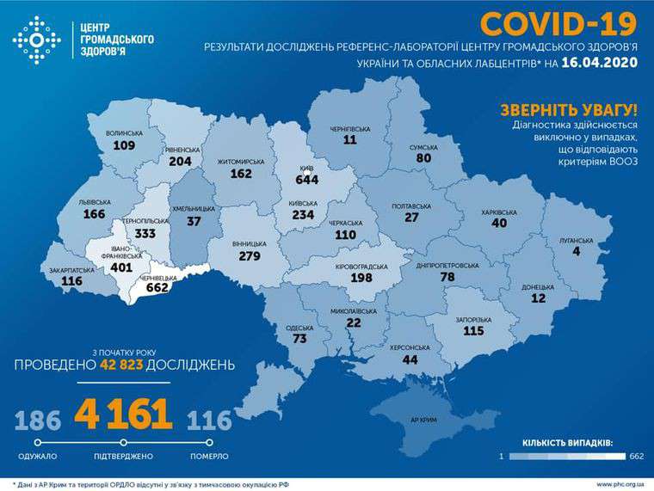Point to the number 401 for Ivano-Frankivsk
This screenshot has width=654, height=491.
pyautogui.click(x=122, y=267)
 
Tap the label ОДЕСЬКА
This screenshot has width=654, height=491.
pyautogui.click(x=298, y=328)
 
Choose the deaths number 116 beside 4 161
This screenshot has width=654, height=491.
pyautogui.click(x=210, y=420)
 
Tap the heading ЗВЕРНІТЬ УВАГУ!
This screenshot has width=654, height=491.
pyautogui.click(x=569, y=110)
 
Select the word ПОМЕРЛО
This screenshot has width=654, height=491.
pyautogui.click(x=209, y=455)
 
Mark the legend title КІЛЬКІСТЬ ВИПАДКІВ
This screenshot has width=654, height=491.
pyautogui.click(x=567, y=442)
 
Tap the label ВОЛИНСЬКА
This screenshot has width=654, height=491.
pyautogui.click(x=125, y=134)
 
